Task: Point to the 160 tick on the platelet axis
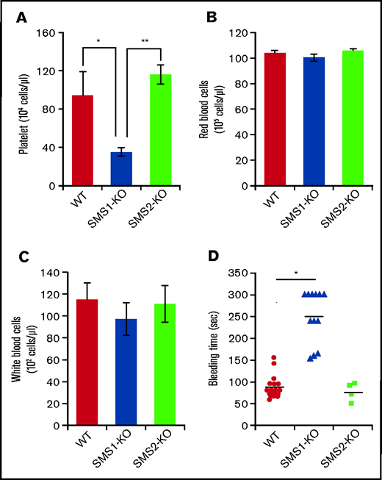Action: coord(50,33)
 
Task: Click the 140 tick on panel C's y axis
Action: coord(50,274)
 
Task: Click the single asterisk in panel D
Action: coord(296,273)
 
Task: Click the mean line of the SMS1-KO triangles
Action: coord(314,317)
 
